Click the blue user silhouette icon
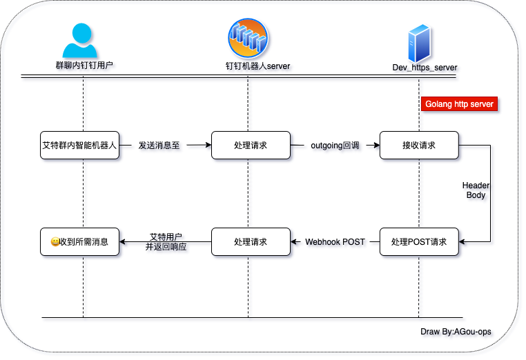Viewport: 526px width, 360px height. pyautogui.click(x=85, y=43)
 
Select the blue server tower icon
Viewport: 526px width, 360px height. pyautogui.click(x=419, y=43)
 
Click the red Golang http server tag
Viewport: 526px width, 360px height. pyautogui.click(x=459, y=104)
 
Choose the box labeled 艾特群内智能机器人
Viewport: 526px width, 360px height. pyautogui.click(x=79, y=146)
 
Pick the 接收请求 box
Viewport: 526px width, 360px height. pyautogui.click(x=419, y=146)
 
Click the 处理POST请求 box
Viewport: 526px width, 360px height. pyautogui.click(x=419, y=242)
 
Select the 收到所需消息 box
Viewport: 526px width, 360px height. pyautogui.click(x=79, y=242)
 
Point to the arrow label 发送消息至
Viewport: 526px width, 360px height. pyautogui.click(x=160, y=146)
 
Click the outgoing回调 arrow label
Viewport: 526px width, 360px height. pyautogui.click(x=335, y=146)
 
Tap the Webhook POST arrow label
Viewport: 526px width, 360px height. pyautogui.click(x=335, y=243)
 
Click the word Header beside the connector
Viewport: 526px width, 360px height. pyautogui.click(x=476, y=186)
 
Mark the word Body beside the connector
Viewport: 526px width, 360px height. pyautogui.click(x=476, y=196)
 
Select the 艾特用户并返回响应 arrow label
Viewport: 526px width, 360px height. pyautogui.click(x=166, y=242)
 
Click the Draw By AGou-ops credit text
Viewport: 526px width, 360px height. pyautogui.click(x=456, y=332)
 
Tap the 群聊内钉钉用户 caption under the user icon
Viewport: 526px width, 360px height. pyautogui.click(x=85, y=67)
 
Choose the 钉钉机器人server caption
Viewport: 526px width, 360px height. pyautogui.click(x=259, y=67)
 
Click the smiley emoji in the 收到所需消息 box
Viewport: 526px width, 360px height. pyautogui.click(x=55, y=242)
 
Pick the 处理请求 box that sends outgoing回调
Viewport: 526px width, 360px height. pyautogui.click(x=251, y=146)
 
